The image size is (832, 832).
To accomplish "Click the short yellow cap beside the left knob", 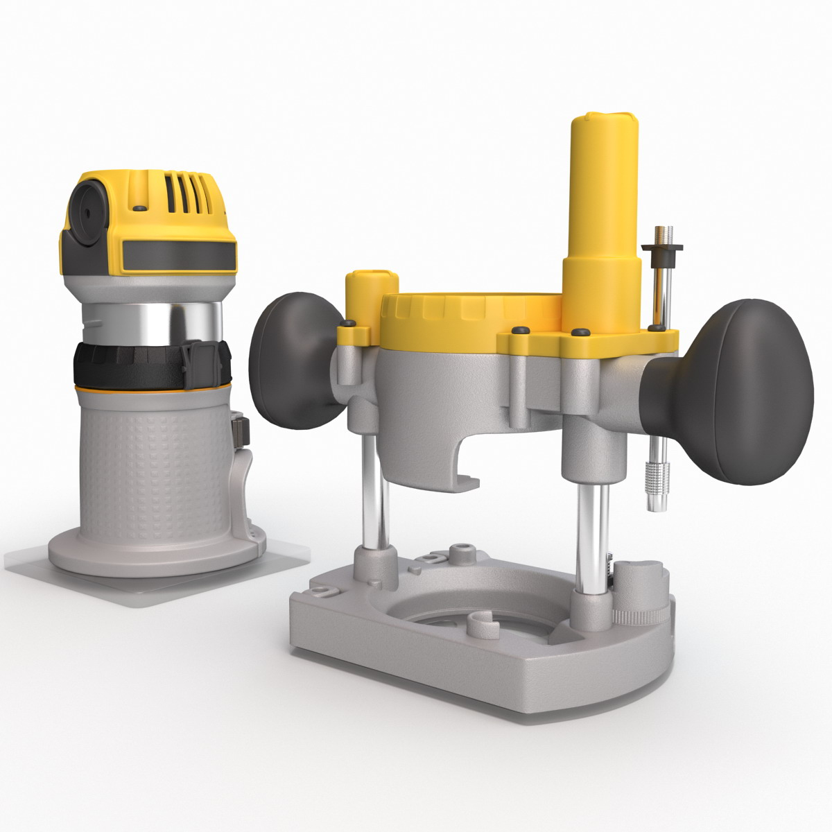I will tap(371, 291).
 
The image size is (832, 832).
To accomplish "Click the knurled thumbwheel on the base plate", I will tap(641, 614).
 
